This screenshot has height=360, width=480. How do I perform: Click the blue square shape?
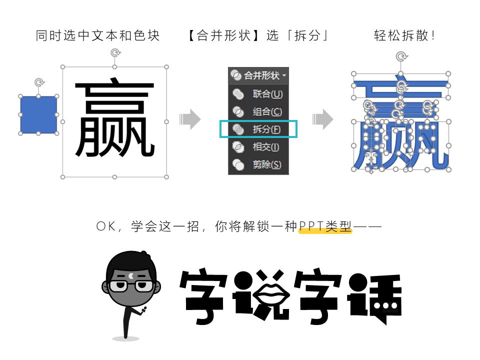(38, 115)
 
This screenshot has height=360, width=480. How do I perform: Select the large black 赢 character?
(114, 120)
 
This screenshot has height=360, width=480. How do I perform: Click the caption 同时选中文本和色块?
(97, 36)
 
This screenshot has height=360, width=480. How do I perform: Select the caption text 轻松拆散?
(404, 36)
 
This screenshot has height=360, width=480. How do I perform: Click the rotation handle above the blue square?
(38, 82)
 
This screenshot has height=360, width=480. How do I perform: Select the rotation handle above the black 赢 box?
(114, 52)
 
